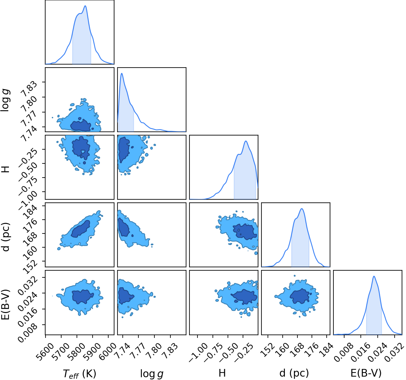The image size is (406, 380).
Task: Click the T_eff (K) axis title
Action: [x=79, y=374]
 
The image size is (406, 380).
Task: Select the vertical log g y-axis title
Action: [x=6, y=100]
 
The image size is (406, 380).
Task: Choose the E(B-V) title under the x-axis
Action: [x=366, y=373]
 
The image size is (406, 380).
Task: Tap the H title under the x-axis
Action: [x=222, y=373]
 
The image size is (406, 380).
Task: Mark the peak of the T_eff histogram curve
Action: [x=85, y=6]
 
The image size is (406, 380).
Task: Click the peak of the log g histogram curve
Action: [x=121, y=73]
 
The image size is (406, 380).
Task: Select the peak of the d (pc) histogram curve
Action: [x=301, y=209]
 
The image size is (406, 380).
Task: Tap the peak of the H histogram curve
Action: [x=246, y=141]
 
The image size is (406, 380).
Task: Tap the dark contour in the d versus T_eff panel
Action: [x=81, y=229]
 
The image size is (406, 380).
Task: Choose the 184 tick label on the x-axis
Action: [x=327, y=349]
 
